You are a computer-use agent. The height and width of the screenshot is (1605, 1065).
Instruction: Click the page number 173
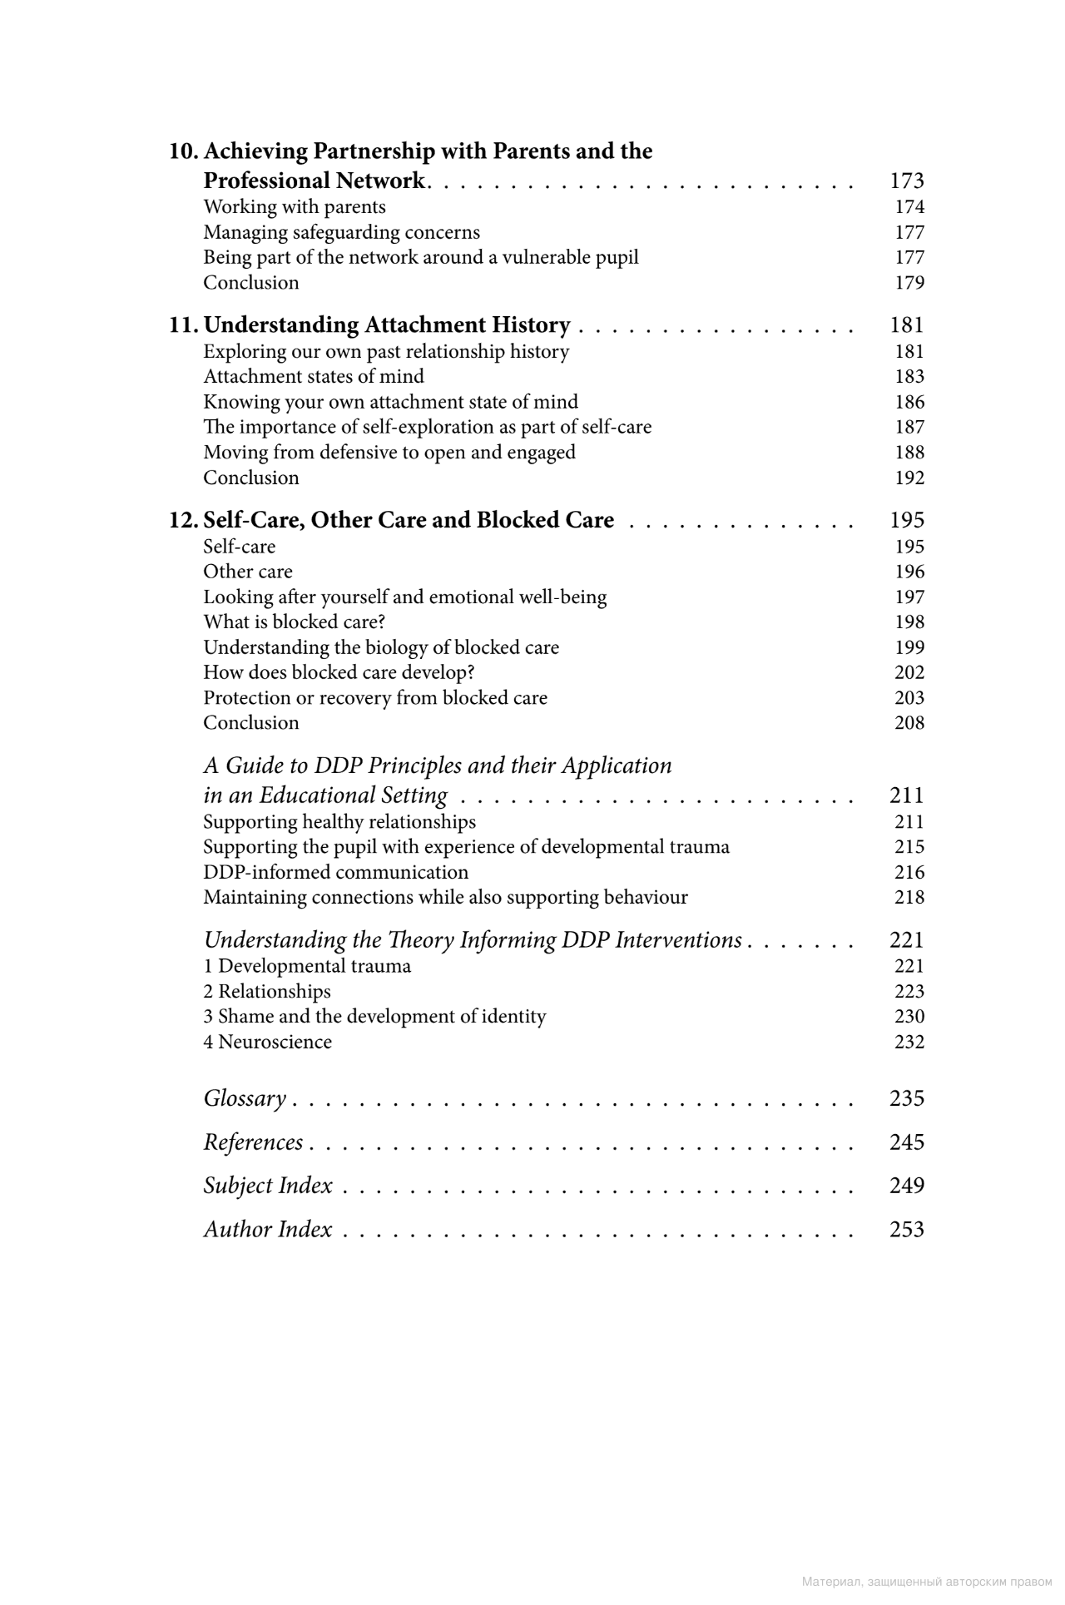(x=906, y=181)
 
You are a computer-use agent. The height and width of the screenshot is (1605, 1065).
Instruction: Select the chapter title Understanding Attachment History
(x=387, y=325)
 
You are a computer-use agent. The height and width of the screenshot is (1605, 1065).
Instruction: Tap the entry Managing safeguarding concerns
(x=341, y=232)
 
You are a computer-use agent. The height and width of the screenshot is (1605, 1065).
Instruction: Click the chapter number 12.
(x=183, y=521)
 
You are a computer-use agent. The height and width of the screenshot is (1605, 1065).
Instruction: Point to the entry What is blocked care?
(x=294, y=622)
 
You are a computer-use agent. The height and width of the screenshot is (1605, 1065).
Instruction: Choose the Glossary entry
(x=245, y=1099)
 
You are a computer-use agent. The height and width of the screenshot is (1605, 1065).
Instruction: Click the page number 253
(x=906, y=1230)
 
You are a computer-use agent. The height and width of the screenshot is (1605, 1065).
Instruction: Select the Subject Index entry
(x=268, y=1186)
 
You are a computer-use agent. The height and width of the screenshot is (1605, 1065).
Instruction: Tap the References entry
(x=253, y=1142)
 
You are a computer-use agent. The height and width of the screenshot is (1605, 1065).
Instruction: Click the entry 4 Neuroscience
(x=267, y=1043)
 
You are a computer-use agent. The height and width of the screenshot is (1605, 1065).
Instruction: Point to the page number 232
(x=909, y=1043)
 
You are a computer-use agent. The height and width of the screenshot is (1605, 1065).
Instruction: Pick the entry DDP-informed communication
(x=335, y=873)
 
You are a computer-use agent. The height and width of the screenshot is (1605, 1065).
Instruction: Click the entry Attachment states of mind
(x=314, y=377)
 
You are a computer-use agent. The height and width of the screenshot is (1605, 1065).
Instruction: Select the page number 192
(x=909, y=478)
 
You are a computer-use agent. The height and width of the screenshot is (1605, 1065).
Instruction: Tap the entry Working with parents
(x=295, y=207)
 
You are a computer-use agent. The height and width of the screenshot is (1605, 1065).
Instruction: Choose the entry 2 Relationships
(x=266, y=992)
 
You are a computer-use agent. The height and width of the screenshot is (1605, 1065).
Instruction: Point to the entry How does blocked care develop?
(x=339, y=672)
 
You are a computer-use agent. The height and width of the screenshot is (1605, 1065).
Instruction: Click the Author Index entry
(x=268, y=1230)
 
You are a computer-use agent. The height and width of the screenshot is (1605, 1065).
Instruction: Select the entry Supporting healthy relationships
(x=339, y=822)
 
